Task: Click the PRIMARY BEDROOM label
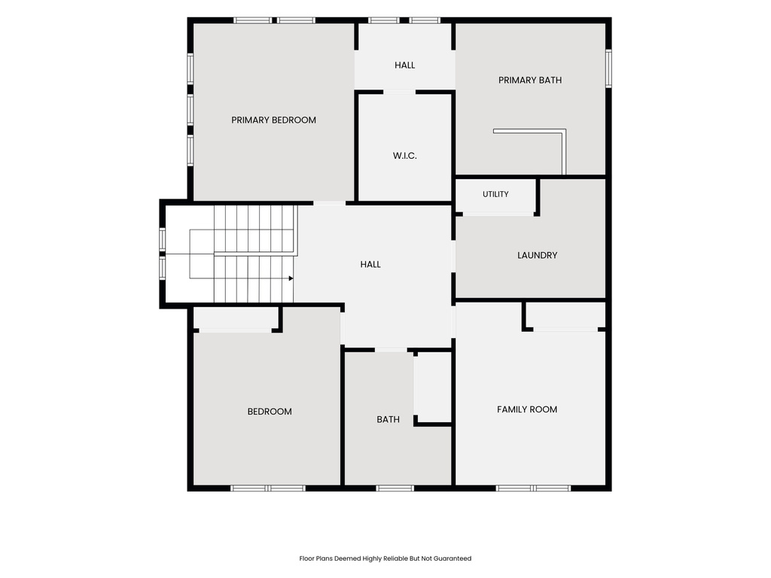(273, 120)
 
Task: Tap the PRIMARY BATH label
(529, 80)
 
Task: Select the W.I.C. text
(404, 156)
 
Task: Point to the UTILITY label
(495, 194)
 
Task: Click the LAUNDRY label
(537, 255)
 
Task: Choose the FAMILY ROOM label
(526, 409)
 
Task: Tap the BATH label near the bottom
(388, 419)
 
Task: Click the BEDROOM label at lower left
(270, 412)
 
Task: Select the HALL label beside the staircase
(370, 264)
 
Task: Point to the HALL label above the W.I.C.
(404, 65)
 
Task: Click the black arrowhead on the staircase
(291, 278)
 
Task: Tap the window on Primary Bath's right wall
(608, 68)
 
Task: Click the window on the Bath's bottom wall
(395, 488)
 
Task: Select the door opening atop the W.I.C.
(399, 92)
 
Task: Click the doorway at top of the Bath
(391, 350)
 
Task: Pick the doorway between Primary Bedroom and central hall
(330, 203)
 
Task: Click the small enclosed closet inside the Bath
(433, 388)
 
